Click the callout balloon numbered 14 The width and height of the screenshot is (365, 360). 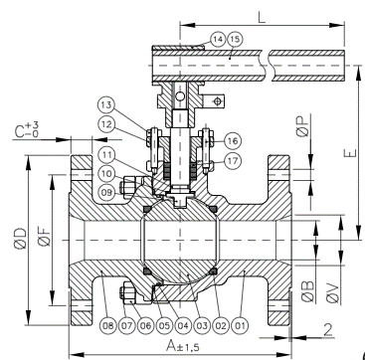(218, 39)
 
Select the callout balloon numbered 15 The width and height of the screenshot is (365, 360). (235, 39)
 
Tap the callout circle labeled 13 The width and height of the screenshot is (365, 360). (106, 105)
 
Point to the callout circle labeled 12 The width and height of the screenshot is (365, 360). (106, 124)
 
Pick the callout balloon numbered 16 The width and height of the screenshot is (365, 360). (233, 141)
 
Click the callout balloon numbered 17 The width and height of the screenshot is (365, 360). (233, 161)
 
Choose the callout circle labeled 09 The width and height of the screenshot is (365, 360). (106, 192)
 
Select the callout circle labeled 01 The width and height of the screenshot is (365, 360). (240, 325)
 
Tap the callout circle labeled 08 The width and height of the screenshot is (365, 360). (108, 325)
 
